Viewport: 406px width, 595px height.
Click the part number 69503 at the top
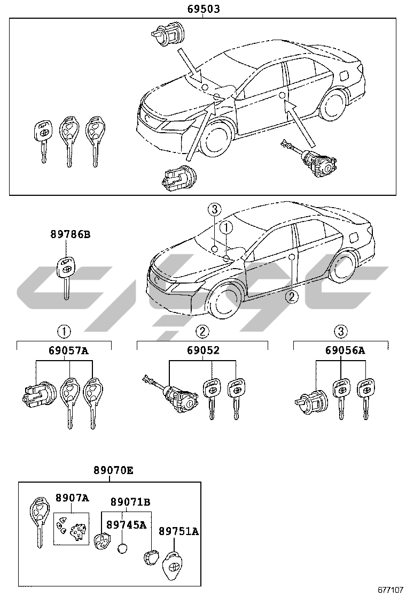204,9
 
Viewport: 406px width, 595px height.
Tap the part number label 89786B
66,234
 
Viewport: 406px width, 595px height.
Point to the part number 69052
203,351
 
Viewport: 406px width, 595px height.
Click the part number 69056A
345,351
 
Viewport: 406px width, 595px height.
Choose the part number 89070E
113,471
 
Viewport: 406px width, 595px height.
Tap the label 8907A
72,498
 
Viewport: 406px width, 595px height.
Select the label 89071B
130,502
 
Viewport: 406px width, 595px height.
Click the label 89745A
126,525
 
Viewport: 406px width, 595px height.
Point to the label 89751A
179,531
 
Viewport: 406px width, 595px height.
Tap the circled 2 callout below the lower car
291,297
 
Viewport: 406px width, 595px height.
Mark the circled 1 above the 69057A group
64,331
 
